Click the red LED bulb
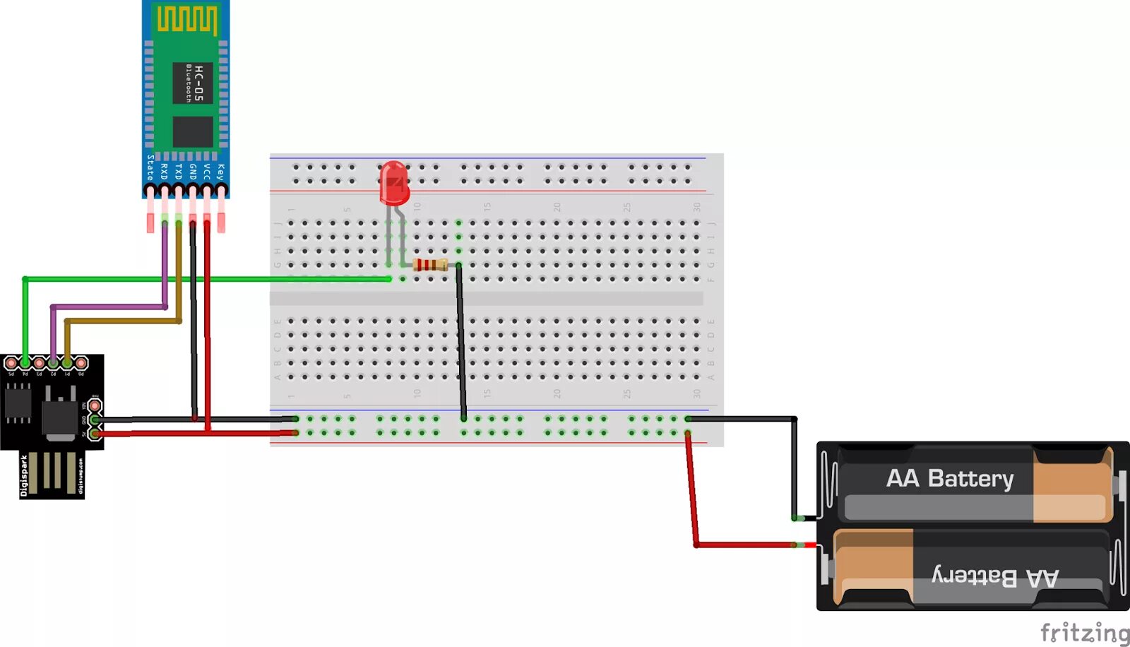(x=394, y=183)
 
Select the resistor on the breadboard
(x=430, y=265)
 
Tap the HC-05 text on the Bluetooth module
(x=198, y=83)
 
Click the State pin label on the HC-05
(x=150, y=167)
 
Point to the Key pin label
(x=220, y=172)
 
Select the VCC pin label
(x=206, y=172)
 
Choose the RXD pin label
(x=164, y=172)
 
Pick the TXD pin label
(x=178, y=172)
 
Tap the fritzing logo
(x=1084, y=631)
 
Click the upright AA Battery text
(x=949, y=479)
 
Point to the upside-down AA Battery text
(x=995, y=577)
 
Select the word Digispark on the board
(x=24, y=475)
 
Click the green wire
(x=212, y=279)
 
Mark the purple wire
(x=106, y=307)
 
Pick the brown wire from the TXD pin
(x=120, y=321)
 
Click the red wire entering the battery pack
(x=742, y=545)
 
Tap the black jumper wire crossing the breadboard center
(x=460, y=339)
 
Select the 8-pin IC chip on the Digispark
(x=18, y=404)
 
